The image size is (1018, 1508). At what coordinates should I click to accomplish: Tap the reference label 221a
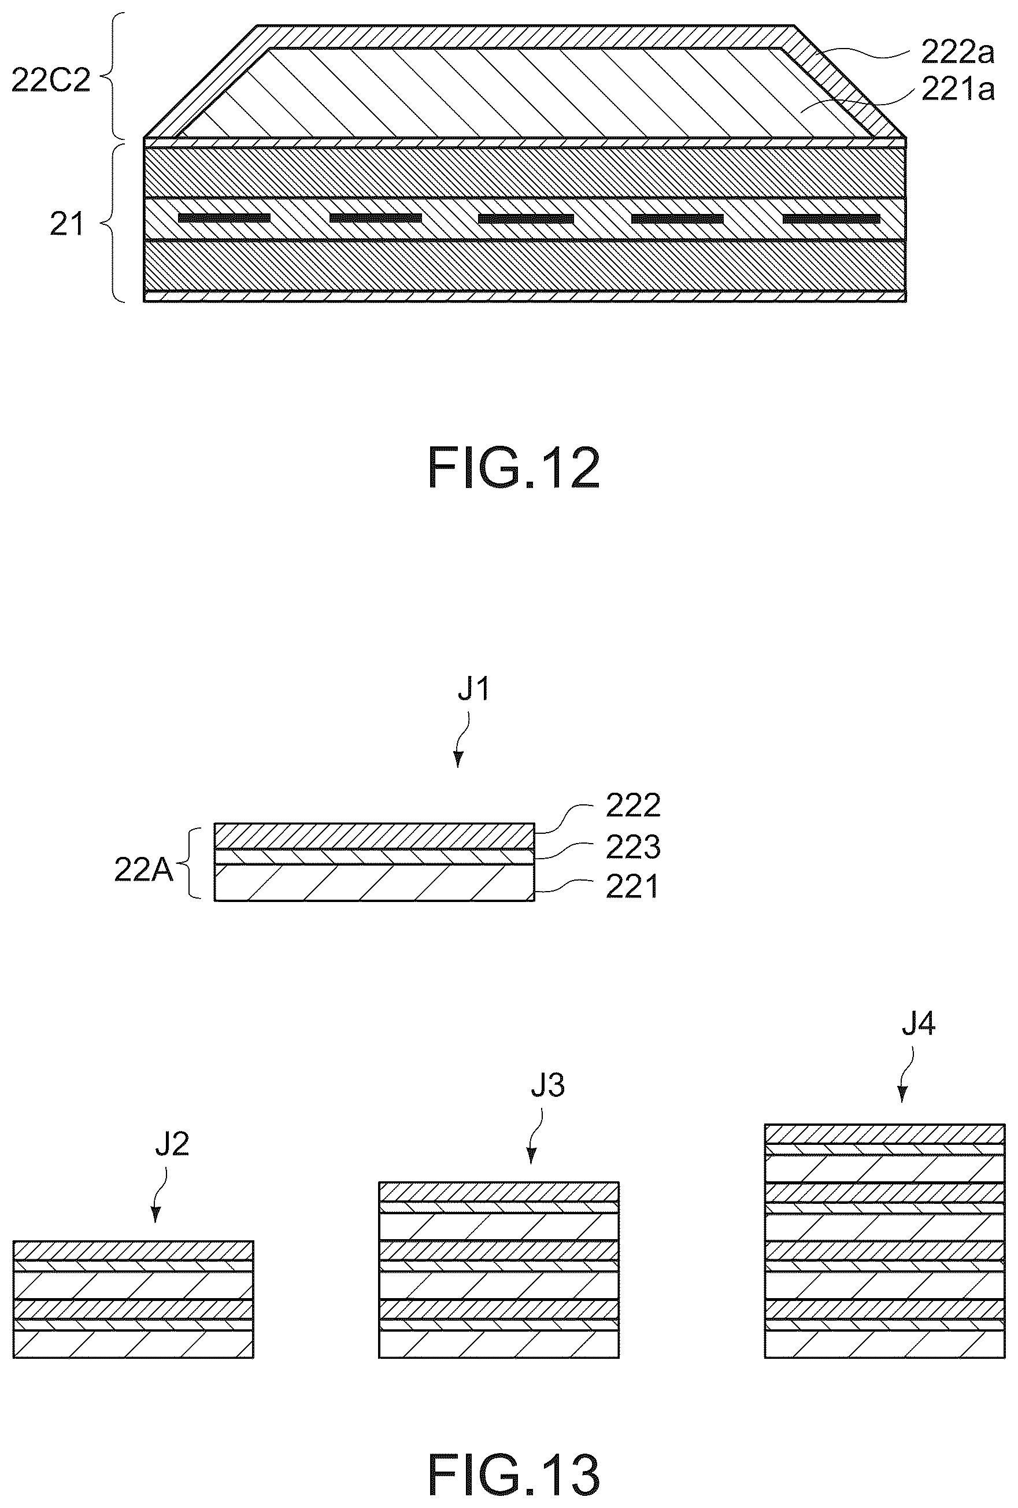point(958,89)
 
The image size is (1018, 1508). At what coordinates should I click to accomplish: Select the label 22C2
point(51,81)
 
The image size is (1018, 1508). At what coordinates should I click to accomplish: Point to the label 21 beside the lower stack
point(67,224)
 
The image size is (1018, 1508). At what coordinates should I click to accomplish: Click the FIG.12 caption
point(514,469)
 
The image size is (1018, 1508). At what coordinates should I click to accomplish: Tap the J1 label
point(473,690)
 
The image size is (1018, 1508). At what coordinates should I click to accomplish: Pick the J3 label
point(547,1085)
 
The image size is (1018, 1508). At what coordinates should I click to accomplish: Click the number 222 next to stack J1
point(632,805)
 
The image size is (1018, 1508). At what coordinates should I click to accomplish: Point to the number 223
point(632,846)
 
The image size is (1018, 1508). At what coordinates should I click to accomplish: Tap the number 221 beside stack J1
point(632,886)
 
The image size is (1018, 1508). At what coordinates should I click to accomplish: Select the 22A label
point(144,870)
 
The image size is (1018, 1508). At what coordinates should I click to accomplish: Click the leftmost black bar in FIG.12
point(224,217)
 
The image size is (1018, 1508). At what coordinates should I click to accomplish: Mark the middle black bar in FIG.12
point(526,219)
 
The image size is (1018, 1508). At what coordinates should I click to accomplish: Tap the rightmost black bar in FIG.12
point(831,219)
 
